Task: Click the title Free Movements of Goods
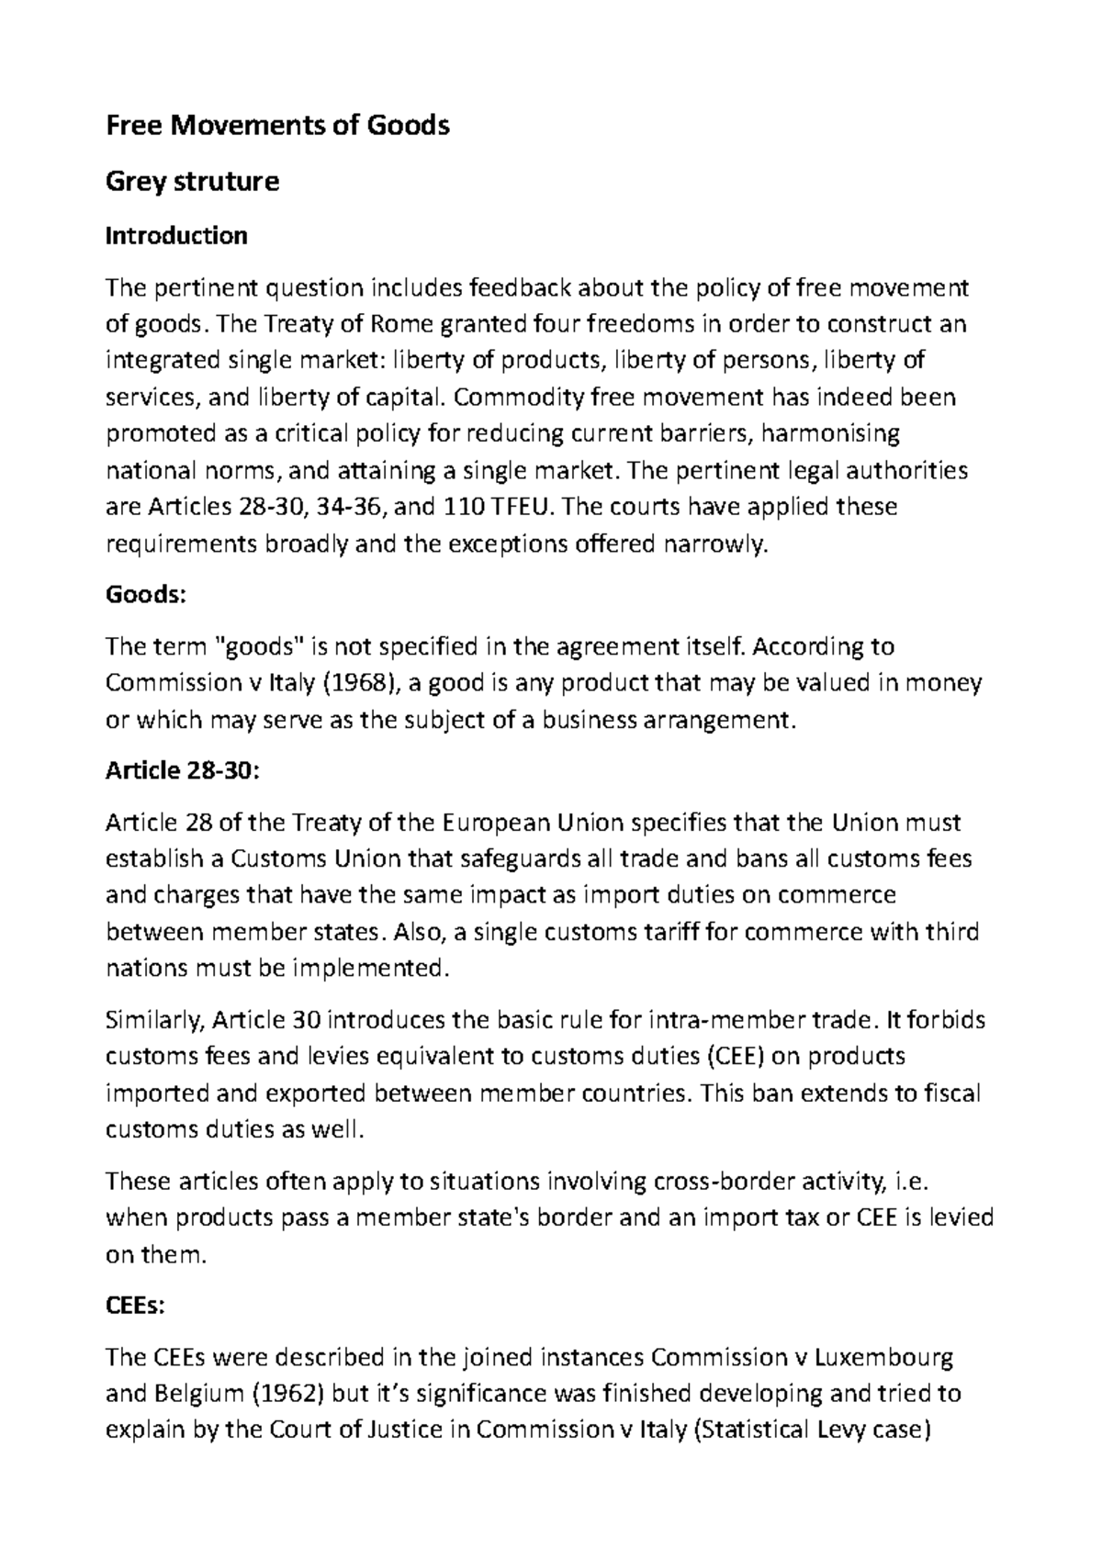click(x=277, y=125)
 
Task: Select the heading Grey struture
click(x=193, y=181)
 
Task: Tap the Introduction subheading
click(x=176, y=236)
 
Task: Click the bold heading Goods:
click(x=146, y=594)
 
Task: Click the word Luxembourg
click(x=885, y=1357)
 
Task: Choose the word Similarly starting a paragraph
click(x=157, y=1020)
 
